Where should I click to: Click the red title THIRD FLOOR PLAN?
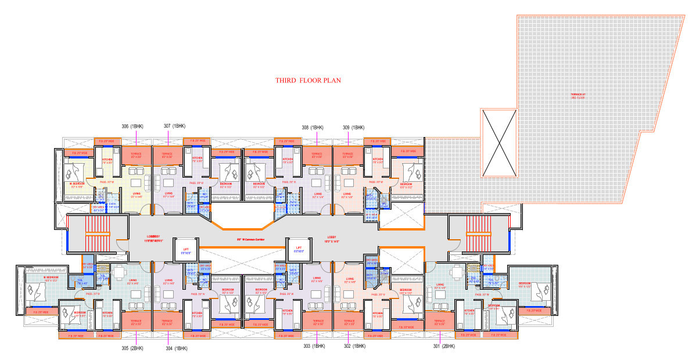click(307, 81)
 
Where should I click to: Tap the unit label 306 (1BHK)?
click(132, 127)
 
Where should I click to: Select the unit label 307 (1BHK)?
click(174, 127)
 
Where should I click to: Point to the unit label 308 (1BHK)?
click(313, 127)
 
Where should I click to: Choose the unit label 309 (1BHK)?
click(353, 127)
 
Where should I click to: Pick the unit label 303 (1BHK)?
click(314, 347)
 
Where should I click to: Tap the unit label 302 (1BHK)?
click(354, 347)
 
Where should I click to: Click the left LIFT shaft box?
click(186, 250)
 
